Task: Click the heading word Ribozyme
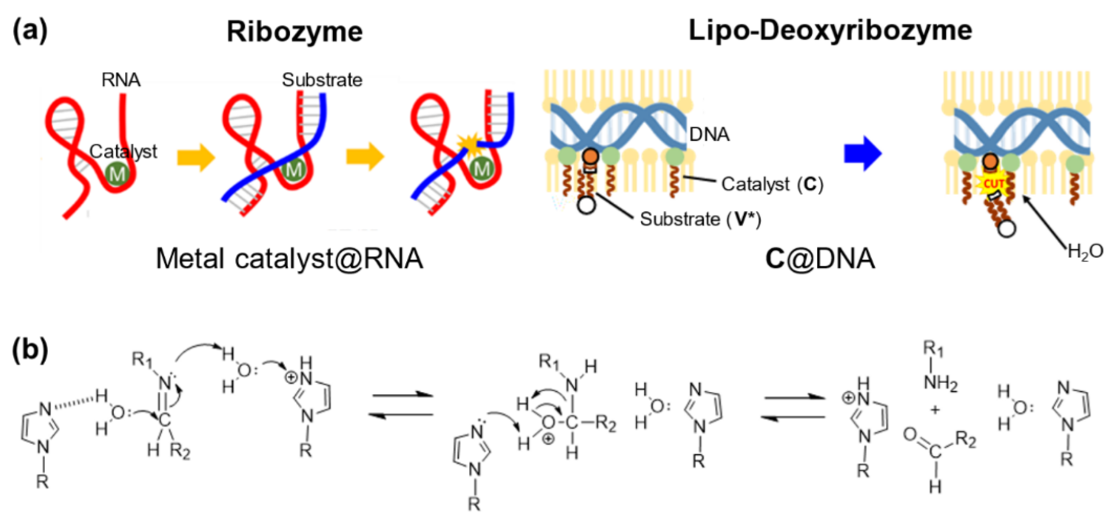tap(295, 32)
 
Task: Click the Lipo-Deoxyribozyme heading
tap(830, 31)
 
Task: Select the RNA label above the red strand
tap(121, 80)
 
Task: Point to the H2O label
tap(1085, 251)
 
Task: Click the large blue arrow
tap(862, 154)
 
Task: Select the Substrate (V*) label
tap(700, 219)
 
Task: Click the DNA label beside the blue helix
tap(709, 135)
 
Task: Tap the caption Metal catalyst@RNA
tap(289, 259)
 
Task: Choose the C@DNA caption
tap(820, 259)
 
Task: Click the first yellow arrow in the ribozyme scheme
tap(196, 157)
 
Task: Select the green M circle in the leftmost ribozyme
tap(117, 173)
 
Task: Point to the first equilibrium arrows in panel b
tap(403, 405)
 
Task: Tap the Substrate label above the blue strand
tap(322, 80)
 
